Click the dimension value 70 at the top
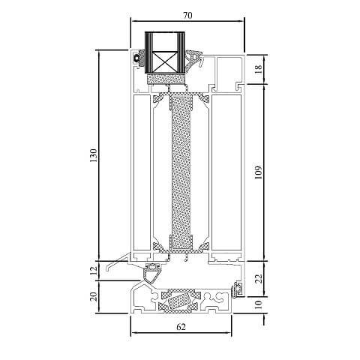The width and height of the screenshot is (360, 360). pyautogui.click(x=187, y=12)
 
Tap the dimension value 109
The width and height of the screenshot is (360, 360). pyautogui.click(x=259, y=172)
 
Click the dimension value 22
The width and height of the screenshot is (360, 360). pyautogui.click(x=259, y=279)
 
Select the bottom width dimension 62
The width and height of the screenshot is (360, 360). pyautogui.click(x=181, y=327)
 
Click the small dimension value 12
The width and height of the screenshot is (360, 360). pyautogui.click(x=94, y=270)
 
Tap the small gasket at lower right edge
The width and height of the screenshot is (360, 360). pyautogui.click(x=237, y=287)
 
